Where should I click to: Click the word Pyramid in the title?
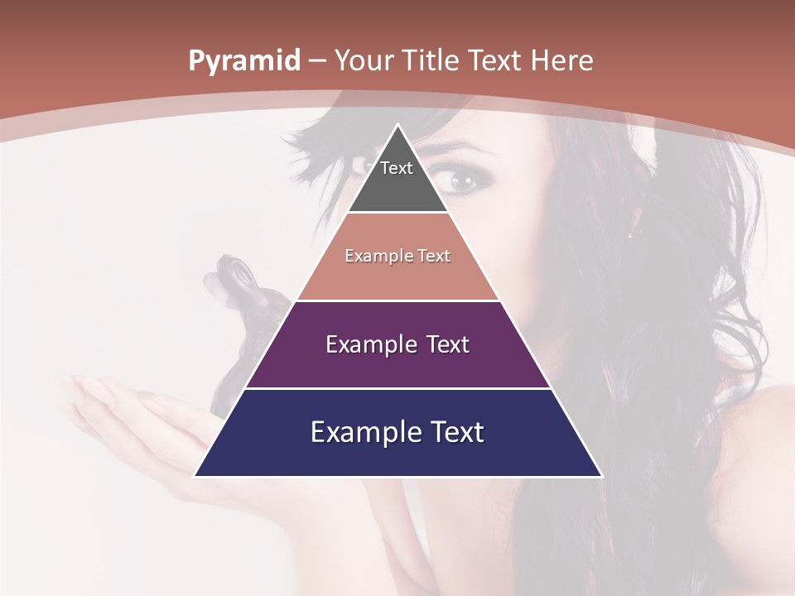coord(243,61)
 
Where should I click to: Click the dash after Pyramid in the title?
coord(316,61)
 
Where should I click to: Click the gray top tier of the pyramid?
coord(397,186)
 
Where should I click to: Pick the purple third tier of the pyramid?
coord(397,364)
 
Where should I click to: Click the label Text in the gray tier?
coord(397,168)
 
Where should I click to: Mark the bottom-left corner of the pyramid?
coord(195,476)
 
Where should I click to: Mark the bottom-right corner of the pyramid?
coord(601,476)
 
